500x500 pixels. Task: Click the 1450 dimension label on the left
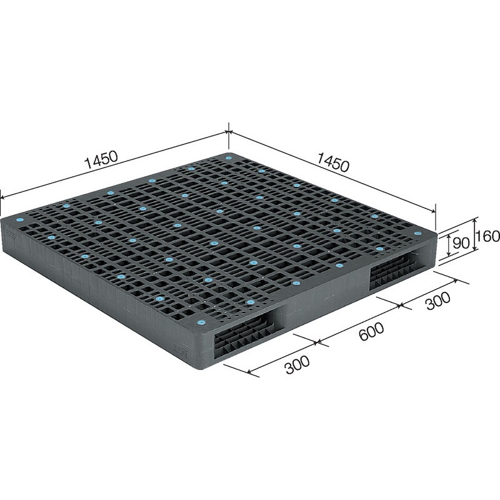pos(101,159)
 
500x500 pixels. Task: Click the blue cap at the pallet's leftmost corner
pos(17,221)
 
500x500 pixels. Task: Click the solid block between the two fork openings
pos(322,302)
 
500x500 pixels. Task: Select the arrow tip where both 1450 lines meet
pos(229,132)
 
